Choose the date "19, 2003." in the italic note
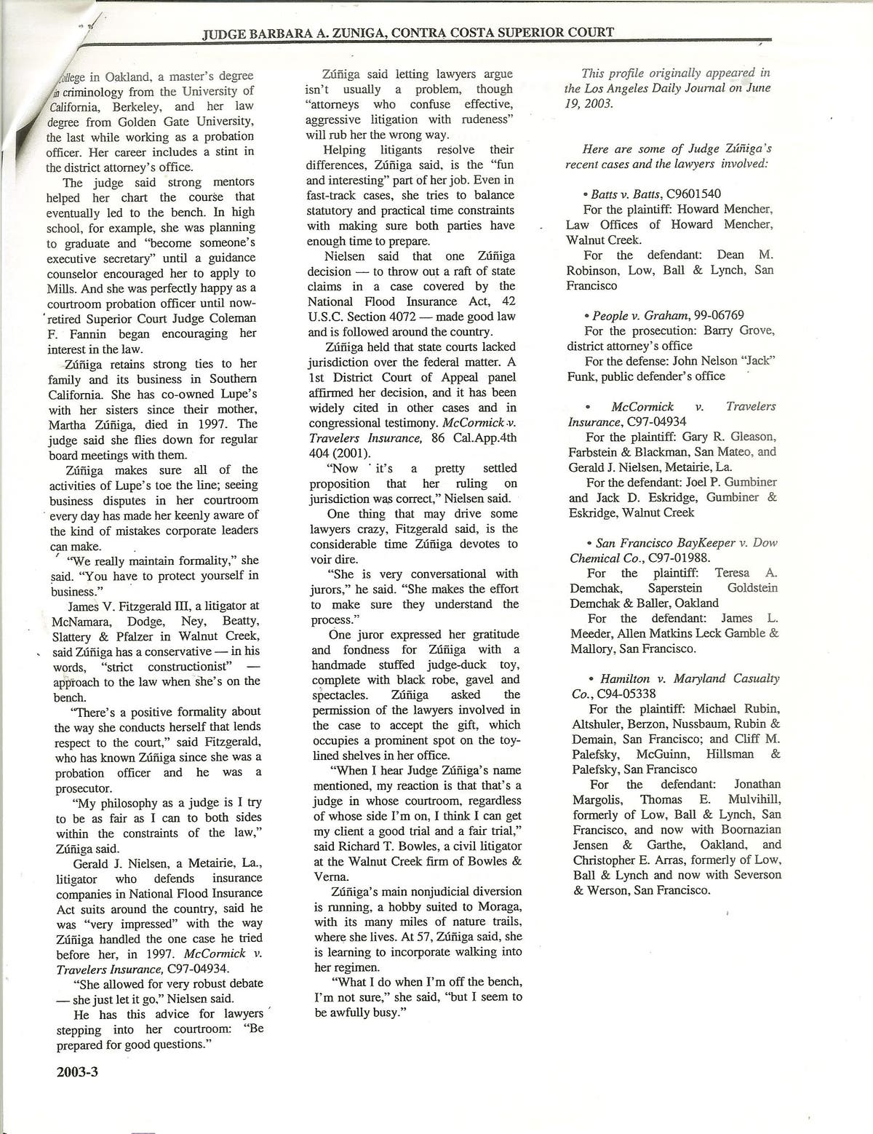coord(589,103)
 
